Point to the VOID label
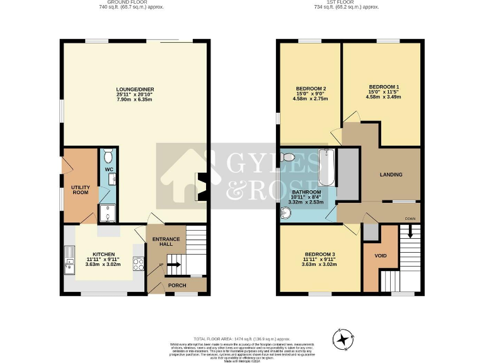tap(381, 256)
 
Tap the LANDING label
tap(391, 175)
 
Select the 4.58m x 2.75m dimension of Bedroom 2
tap(310, 98)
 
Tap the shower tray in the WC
tap(108, 215)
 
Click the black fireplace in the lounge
tap(202, 188)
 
